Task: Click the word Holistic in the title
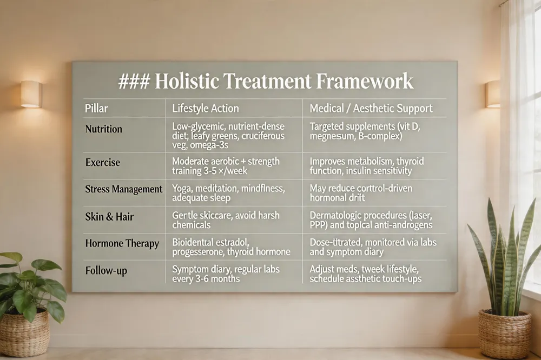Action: pyautogui.click(x=187, y=82)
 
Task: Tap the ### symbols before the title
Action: pyautogui.click(x=134, y=82)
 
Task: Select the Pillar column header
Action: pyautogui.click(x=96, y=108)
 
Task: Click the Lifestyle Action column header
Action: pyautogui.click(x=205, y=108)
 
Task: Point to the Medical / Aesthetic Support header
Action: pyautogui.click(x=371, y=108)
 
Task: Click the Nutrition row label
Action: pyautogui.click(x=103, y=129)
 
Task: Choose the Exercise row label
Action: pyautogui.click(x=102, y=162)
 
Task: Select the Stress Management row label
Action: pyautogui.click(x=123, y=189)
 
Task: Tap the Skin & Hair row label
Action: pyautogui.click(x=109, y=217)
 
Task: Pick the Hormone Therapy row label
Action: pyautogui.click(x=122, y=243)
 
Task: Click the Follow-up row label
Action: pyautogui.click(x=106, y=271)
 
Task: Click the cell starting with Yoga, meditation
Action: pyautogui.click(x=228, y=193)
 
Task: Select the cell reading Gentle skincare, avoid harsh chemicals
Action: pyautogui.click(x=226, y=220)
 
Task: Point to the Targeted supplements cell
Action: pyautogui.click(x=365, y=131)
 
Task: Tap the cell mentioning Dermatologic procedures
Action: pyautogui.click(x=371, y=220)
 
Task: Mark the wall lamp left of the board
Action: pyautogui.click(x=31, y=94)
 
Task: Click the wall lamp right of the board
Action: pyautogui.click(x=492, y=94)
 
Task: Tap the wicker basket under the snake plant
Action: pyautogui.click(x=504, y=334)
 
